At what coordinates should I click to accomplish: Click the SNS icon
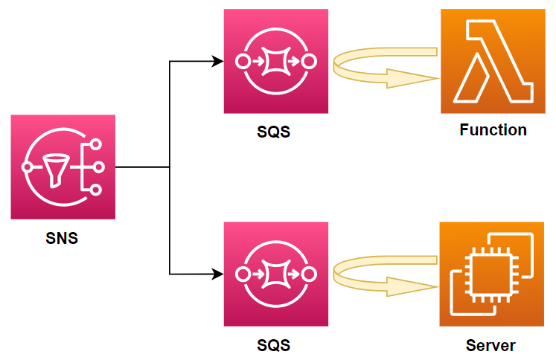[63, 167]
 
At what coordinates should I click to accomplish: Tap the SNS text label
[63, 239]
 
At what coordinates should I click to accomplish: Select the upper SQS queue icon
[276, 61]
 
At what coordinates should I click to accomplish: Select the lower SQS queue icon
[276, 274]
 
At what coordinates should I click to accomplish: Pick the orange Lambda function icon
[492, 61]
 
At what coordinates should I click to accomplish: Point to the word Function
[493, 130]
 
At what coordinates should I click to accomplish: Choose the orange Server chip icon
[492, 274]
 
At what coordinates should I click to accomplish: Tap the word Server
[491, 346]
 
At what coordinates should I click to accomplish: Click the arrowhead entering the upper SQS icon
[218, 61]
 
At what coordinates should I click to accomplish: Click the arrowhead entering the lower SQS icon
[218, 274]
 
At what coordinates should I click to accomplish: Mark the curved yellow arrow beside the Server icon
[383, 277]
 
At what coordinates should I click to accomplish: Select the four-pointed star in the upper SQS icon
[276, 62]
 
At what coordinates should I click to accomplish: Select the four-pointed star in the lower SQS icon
[276, 274]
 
